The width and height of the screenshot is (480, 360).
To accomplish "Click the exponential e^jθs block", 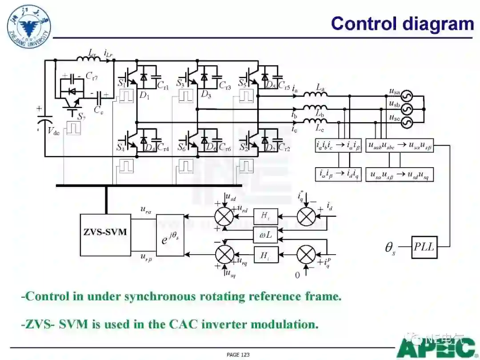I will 170,235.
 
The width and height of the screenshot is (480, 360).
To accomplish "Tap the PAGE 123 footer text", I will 238,355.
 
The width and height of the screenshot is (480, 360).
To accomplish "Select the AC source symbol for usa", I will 407,96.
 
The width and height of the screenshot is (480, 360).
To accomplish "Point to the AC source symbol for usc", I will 407,121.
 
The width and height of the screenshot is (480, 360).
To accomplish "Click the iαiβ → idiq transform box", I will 338,174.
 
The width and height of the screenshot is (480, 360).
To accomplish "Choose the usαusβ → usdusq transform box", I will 400,174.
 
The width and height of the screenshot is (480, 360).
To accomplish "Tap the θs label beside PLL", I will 390,247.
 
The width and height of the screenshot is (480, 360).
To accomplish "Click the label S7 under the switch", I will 81,116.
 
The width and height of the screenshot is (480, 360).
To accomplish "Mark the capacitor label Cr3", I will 225,87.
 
